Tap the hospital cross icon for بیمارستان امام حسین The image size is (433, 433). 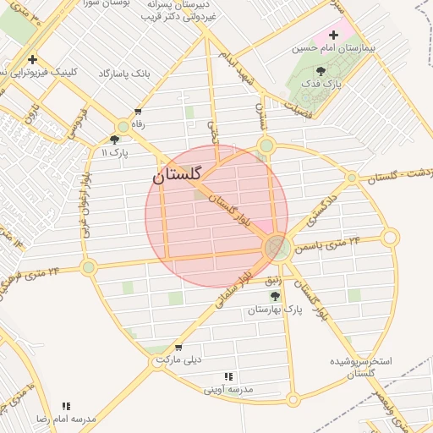333,36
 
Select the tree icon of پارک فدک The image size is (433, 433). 320,71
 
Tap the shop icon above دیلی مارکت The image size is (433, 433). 178,347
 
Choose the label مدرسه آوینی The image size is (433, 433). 228,390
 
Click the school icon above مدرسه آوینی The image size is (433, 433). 228,377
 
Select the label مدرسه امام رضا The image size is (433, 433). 66,419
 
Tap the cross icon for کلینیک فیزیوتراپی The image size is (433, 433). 32,59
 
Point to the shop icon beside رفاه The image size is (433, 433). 138,112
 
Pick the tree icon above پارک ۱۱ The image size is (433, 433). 114,140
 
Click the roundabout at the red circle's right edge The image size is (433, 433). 277,248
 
